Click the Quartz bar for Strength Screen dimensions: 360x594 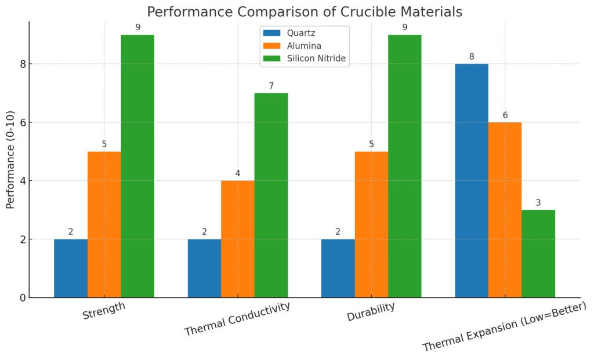pos(71,268)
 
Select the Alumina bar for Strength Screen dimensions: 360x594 pos(104,225)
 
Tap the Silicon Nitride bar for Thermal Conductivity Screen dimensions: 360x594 pos(271,195)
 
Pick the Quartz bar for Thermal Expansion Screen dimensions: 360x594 pos(471,181)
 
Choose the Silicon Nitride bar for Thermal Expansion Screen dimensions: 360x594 pos(538,254)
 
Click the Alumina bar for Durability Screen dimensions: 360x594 pos(371,225)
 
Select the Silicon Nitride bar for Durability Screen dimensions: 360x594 pos(405,166)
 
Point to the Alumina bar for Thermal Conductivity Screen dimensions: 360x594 pos(238,239)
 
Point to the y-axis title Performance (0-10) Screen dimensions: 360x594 pos(10,159)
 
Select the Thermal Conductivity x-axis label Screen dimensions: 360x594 pos(237,319)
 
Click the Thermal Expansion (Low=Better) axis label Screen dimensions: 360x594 pos(505,326)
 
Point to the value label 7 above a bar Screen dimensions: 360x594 pos(271,86)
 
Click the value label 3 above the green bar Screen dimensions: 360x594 pos(538,203)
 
